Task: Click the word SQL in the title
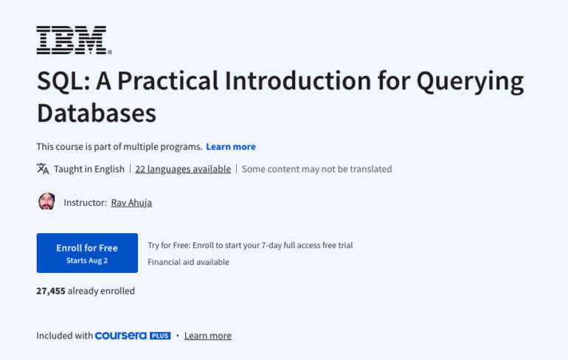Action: (60, 81)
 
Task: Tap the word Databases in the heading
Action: (97, 113)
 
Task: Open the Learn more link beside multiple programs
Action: (231, 147)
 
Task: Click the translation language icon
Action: (43, 169)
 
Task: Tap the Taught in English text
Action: (89, 169)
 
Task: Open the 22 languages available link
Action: (183, 169)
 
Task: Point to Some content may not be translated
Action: (316, 169)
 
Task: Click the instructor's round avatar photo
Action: (46, 201)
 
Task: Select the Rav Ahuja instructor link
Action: (131, 202)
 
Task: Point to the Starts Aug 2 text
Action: (87, 260)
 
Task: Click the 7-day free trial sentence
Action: (255, 245)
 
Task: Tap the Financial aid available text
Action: (188, 262)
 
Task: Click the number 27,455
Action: (51, 291)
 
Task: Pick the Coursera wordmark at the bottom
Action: (121, 336)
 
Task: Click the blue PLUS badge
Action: (160, 336)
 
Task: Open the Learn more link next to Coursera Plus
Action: (207, 336)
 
